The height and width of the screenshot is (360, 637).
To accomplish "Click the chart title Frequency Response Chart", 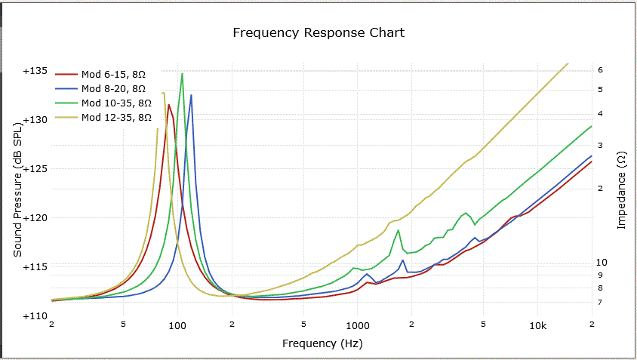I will tap(318, 32).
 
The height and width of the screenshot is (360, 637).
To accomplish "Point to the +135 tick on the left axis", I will tap(35, 71).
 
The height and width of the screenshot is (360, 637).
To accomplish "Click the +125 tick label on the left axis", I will tap(35, 169).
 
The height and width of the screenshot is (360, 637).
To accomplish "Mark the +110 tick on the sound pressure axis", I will tap(35, 316).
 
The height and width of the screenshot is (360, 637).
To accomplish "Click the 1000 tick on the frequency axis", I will tap(358, 325).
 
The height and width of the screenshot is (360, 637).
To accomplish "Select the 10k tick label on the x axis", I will tap(537, 325).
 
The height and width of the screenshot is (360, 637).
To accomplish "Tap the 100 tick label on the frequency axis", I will tap(177, 325).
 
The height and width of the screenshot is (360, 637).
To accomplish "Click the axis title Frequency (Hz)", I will tap(322, 343).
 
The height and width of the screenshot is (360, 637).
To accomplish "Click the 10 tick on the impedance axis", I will tap(602, 262).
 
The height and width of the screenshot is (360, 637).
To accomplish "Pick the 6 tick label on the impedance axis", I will tap(599, 69).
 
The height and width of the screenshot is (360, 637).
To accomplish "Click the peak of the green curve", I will tap(182, 74).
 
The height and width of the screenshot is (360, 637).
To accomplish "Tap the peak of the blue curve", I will tap(191, 95).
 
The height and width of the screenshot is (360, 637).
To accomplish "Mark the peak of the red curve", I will tap(169, 105).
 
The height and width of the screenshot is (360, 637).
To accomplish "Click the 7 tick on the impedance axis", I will tap(599, 302).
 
